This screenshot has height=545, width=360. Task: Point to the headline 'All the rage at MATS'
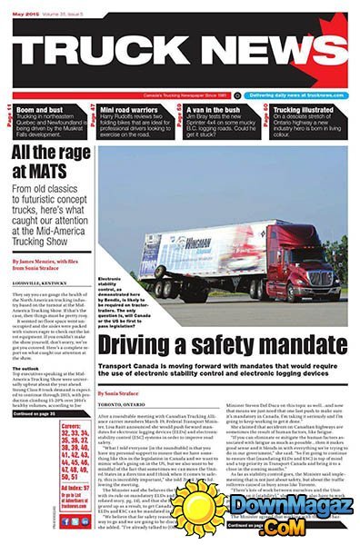(50, 163)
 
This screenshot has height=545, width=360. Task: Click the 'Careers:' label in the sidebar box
(74, 426)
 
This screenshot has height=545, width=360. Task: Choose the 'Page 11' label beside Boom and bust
(8, 116)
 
